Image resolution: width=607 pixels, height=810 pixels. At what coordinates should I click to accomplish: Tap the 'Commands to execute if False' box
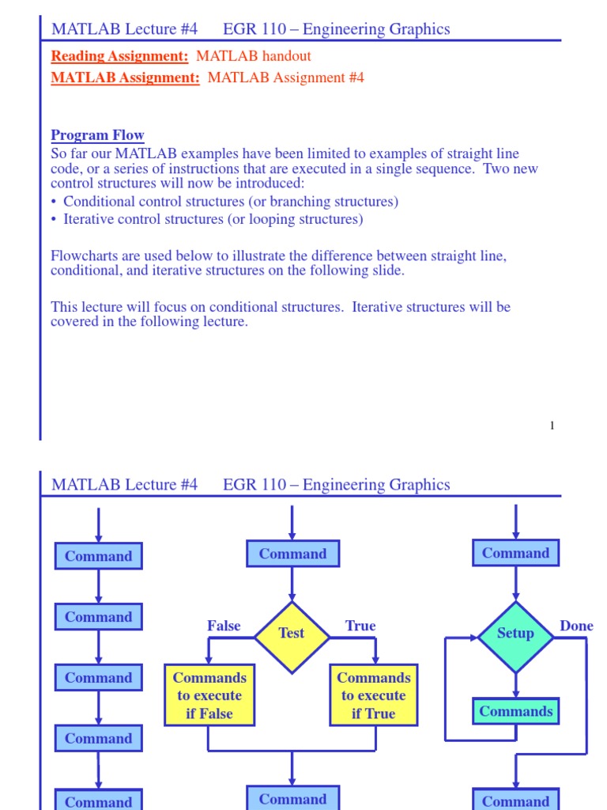209,695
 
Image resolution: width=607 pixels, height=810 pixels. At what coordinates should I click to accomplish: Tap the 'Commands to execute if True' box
373,695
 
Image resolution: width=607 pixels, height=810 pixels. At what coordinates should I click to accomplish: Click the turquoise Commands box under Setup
515,711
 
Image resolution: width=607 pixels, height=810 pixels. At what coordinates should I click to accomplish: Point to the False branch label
224,626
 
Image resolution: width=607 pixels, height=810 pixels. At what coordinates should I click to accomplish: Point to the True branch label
360,626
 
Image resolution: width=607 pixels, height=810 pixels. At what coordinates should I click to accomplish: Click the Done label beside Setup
576,626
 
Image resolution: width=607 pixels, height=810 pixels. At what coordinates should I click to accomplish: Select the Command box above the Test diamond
292,554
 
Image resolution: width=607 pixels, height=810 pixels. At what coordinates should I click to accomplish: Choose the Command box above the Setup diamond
515,553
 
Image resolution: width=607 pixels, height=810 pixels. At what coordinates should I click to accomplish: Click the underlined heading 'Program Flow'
97,135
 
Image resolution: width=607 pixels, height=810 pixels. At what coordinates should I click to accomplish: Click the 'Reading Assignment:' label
119,56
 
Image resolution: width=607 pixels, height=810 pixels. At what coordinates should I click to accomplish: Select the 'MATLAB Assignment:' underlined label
125,78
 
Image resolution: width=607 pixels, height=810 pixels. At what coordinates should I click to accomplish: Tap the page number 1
552,426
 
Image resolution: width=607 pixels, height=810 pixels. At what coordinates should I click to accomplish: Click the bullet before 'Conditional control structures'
55,202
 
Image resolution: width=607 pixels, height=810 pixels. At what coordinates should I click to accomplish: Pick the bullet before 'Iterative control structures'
55,220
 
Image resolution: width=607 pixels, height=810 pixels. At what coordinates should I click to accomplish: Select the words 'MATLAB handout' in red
253,56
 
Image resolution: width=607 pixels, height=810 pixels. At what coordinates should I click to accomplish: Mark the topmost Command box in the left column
98,556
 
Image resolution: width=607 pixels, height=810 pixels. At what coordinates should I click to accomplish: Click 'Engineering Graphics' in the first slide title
376,29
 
